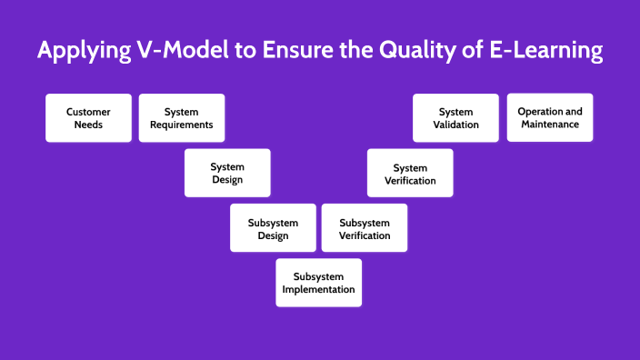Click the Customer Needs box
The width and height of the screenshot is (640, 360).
[x=88, y=118]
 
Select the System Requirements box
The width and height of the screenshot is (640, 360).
[x=182, y=118]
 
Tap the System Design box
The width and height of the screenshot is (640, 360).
[x=227, y=173]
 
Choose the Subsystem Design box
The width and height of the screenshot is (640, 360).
[x=273, y=228]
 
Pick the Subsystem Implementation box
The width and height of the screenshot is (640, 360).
[x=318, y=283]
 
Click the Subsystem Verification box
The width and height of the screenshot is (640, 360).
[x=365, y=228]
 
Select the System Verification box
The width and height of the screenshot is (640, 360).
[x=410, y=174]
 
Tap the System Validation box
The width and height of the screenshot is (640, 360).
[x=455, y=118]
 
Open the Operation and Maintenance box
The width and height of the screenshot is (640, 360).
[x=550, y=117]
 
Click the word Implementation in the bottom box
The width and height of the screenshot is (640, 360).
[x=318, y=290]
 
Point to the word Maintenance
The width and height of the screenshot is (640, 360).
[x=550, y=125]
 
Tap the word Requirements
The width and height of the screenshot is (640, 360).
[x=182, y=125]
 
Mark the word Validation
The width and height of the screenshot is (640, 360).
[x=455, y=125]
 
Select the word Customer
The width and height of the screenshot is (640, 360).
[x=88, y=112]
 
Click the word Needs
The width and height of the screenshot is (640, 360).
[x=88, y=125]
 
